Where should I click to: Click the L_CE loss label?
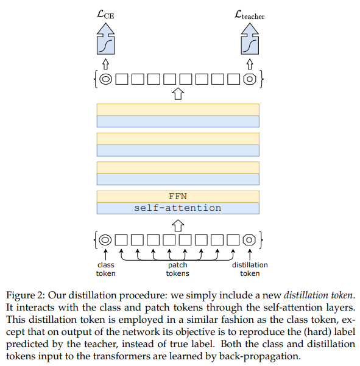(105, 15)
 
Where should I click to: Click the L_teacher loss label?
(249, 15)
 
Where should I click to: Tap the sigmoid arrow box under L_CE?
(106, 39)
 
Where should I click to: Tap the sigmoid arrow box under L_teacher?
(250, 39)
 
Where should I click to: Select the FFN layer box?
(178, 197)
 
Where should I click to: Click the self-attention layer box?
(178, 208)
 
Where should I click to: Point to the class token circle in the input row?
(105, 240)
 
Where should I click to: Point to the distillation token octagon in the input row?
(249, 240)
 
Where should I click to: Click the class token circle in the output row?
(106, 79)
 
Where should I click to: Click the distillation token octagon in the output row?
(250, 79)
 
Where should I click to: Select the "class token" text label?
(106, 269)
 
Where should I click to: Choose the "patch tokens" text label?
(178, 269)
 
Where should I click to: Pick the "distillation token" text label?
(250, 269)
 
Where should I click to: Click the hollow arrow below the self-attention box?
(178, 225)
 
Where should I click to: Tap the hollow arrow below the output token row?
(178, 94)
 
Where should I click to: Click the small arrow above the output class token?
(106, 64)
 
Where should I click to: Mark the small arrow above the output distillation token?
(250, 64)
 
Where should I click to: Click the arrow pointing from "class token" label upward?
(105, 255)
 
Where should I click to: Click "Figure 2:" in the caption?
(25, 295)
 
